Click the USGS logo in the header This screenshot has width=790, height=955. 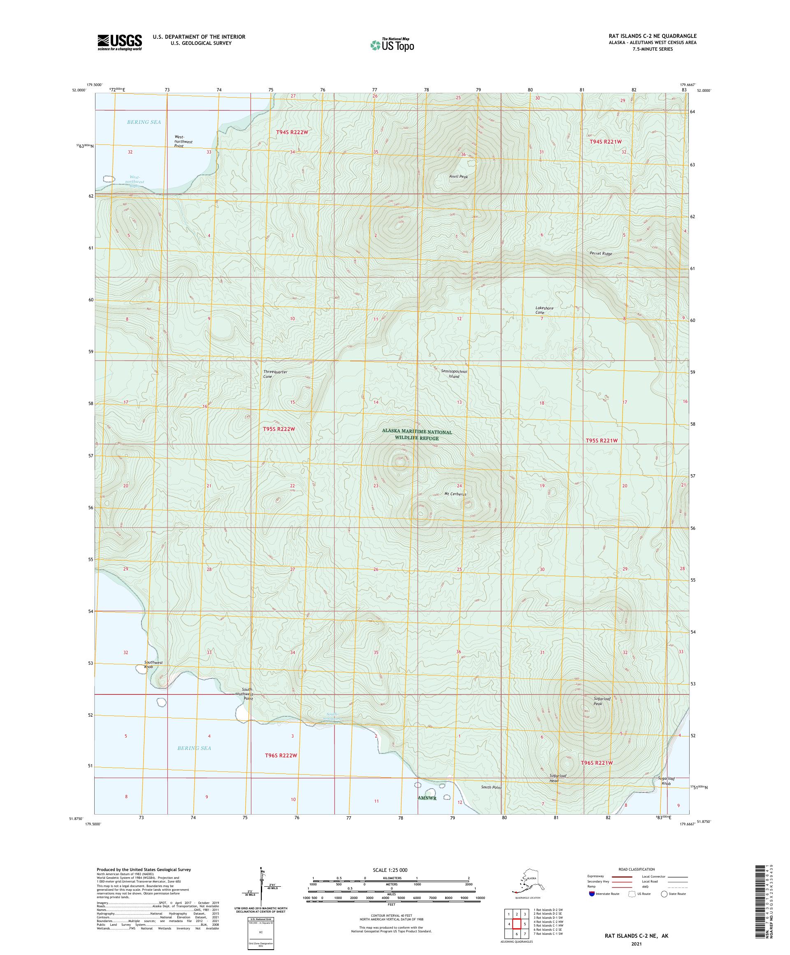click(119, 42)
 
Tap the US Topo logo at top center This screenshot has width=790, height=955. click(392, 44)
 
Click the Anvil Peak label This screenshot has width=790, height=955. click(458, 177)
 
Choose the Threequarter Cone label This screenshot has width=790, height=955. click(275, 374)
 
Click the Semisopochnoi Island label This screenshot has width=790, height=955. click(454, 374)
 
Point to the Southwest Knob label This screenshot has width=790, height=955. click(153, 664)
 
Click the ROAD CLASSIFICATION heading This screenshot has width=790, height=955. click(637, 869)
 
